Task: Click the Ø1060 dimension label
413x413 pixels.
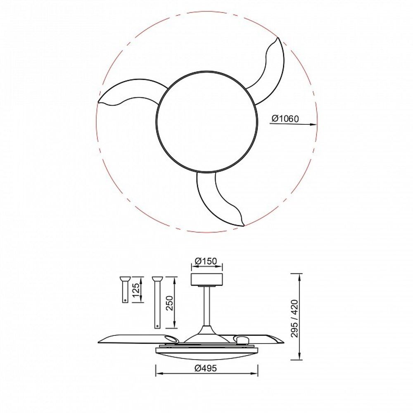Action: (285, 119)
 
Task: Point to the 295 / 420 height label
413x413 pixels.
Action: (294, 318)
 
